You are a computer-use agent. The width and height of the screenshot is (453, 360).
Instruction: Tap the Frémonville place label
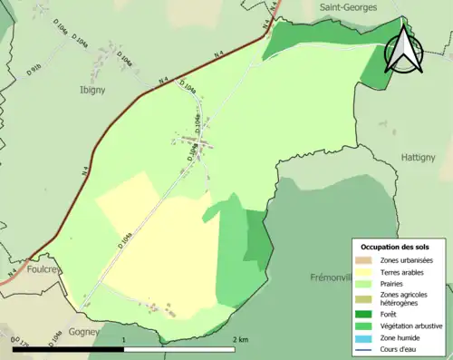point(335,277)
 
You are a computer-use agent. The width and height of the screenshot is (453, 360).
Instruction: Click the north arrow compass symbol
point(403,50)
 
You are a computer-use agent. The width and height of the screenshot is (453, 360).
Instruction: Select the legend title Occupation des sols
point(396,247)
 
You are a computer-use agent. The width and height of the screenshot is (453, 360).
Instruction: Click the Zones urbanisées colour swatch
point(365,260)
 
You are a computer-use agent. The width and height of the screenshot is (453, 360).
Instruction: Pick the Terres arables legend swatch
point(365,271)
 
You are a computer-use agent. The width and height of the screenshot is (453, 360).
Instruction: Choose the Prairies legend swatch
point(365,283)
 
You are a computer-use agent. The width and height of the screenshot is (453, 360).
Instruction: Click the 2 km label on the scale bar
point(239,340)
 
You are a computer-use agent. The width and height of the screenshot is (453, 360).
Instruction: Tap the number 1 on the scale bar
point(123,340)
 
